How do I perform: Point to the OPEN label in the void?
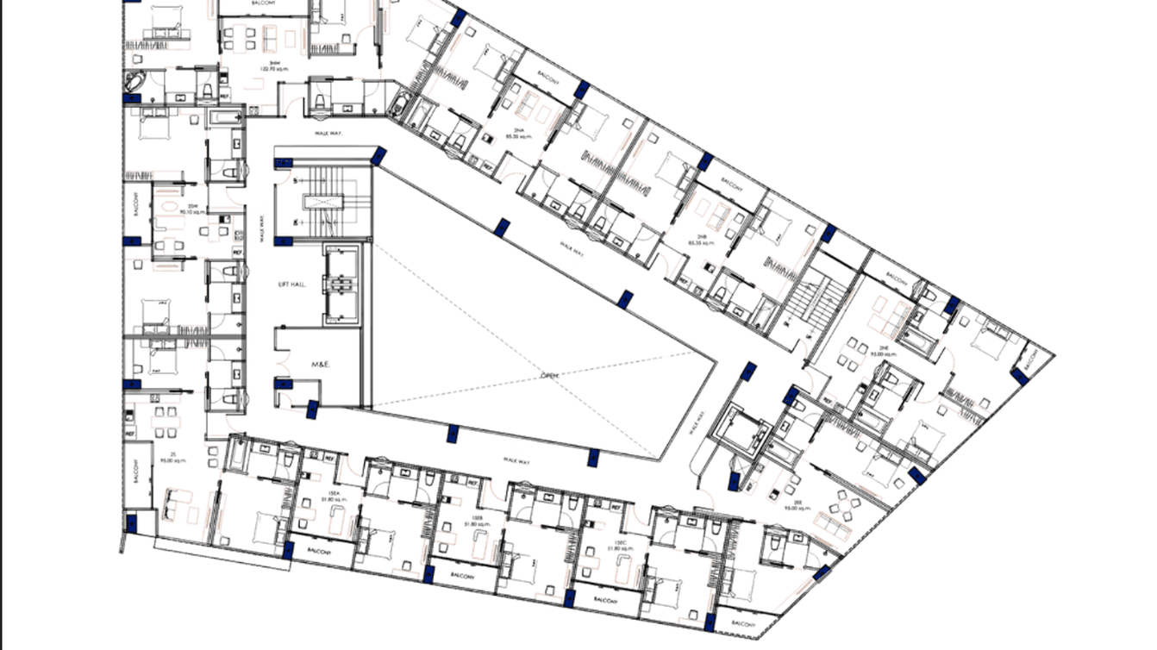click(550, 375)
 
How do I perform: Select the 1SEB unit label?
click(470, 521)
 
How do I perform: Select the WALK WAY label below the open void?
click(516, 463)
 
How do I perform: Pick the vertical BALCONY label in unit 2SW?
click(136, 204)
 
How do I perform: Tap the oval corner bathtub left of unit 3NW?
click(135, 83)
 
